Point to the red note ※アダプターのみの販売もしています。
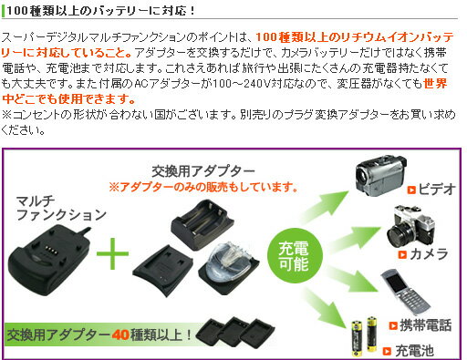(x=203, y=187)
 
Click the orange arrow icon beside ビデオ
(x=411, y=190)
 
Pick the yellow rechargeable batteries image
(x=362, y=335)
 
